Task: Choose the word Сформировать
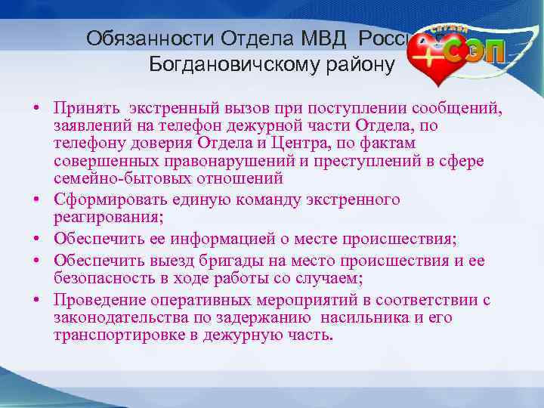[x=110, y=199]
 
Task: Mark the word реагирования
[x=104, y=217]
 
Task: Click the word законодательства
[x=119, y=317]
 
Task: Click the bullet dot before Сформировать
[x=36, y=200]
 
